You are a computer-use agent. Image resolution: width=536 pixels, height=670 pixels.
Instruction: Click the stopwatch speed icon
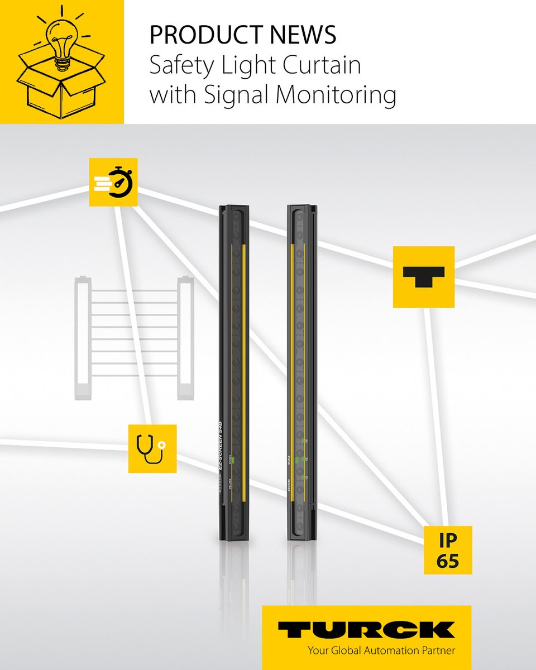pos(113,182)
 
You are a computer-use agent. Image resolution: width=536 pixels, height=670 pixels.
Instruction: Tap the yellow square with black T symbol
pos(423,276)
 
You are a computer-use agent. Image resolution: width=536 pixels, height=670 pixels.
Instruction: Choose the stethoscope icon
pos(152,448)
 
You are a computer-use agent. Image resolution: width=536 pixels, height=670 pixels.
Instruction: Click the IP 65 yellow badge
pos(447,549)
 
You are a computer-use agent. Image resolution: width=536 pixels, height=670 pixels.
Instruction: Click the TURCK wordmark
pos(366,629)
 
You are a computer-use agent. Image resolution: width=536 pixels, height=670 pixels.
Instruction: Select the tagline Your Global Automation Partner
pos(381,650)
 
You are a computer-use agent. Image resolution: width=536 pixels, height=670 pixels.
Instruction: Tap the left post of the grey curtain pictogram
pos(82,337)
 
